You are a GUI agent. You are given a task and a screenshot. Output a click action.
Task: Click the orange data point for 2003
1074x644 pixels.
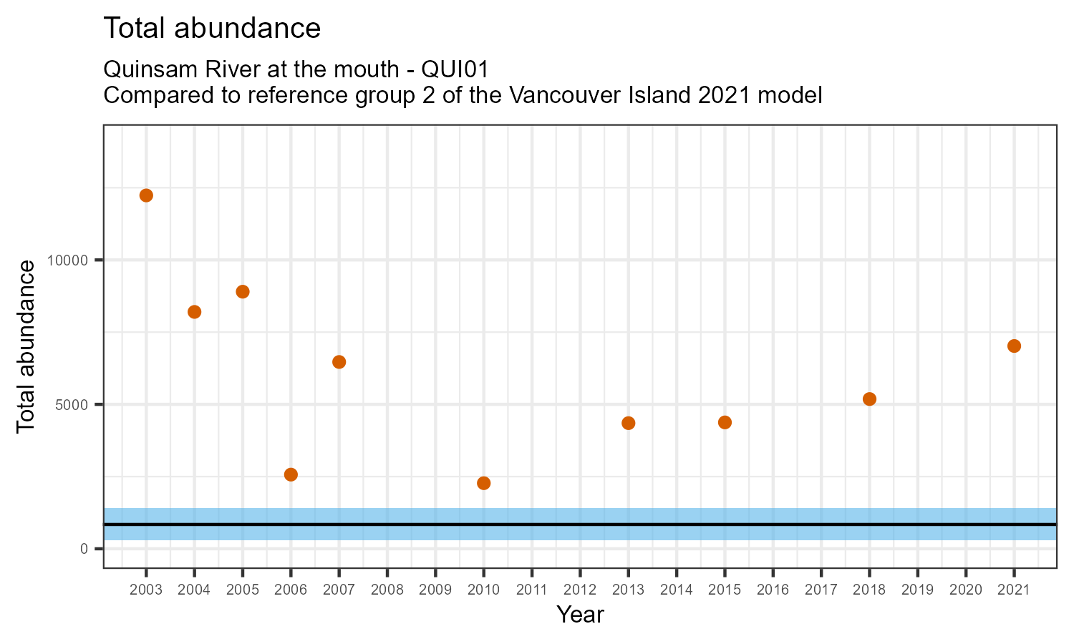(x=146, y=195)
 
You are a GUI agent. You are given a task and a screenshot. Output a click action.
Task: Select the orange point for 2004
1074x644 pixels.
(x=194, y=312)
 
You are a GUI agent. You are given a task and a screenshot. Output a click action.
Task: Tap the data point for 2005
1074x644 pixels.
(x=243, y=291)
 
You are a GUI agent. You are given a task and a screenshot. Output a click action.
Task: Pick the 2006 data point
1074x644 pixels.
(x=291, y=474)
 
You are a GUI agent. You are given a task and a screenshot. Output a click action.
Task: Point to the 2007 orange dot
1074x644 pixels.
(x=339, y=362)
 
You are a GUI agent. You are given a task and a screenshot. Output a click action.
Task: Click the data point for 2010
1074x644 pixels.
(x=483, y=483)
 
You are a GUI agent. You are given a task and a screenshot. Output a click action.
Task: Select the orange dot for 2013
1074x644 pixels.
(x=629, y=423)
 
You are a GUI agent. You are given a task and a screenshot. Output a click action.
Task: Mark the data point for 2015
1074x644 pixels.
(x=725, y=422)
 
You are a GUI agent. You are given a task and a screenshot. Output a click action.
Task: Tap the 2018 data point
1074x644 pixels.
(x=869, y=399)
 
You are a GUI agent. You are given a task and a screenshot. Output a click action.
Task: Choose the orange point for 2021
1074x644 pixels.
(x=1014, y=346)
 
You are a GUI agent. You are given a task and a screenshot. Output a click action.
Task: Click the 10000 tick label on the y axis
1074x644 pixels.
(x=67, y=260)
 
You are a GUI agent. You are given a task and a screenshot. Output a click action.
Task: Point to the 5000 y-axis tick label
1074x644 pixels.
(x=71, y=404)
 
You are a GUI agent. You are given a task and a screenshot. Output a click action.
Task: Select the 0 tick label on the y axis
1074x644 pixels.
(x=83, y=549)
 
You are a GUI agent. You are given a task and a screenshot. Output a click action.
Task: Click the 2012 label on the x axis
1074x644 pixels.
(x=580, y=590)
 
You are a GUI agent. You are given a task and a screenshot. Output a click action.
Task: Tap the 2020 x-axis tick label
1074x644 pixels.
(x=965, y=590)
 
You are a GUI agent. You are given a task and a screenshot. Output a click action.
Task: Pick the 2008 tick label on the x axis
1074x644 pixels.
(x=387, y=590)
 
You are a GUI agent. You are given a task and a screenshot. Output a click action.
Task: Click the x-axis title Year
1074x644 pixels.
(x=580, y=615)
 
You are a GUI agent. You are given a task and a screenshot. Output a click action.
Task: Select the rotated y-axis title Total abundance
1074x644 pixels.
(x=26, y=346)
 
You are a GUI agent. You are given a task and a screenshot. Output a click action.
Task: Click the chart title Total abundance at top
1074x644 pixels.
(x=212, y=28)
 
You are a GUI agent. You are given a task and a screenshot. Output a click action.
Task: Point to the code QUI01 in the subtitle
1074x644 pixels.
(x=455, y=70)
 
